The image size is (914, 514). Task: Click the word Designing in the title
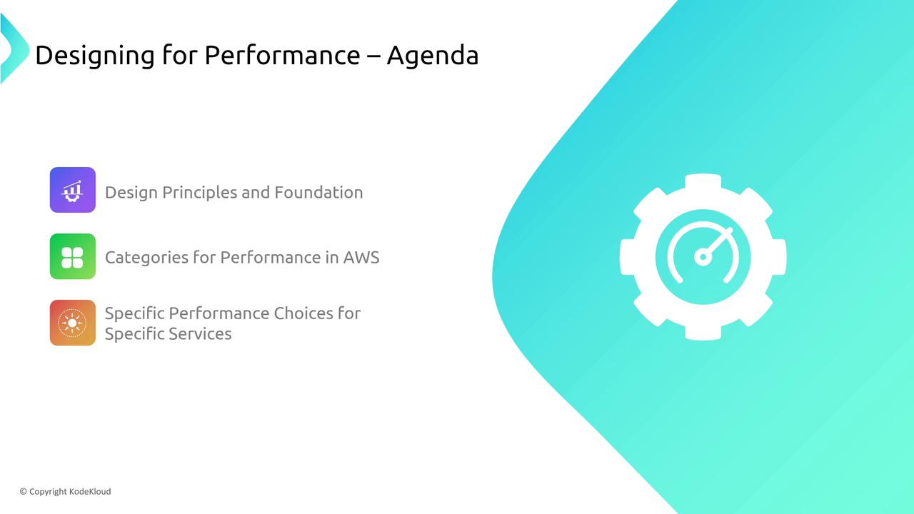[95, 56]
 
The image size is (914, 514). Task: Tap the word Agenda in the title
[433, 56]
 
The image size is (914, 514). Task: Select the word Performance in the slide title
[282, 55]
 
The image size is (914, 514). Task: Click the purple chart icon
[73, 190]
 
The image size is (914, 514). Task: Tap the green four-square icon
[73, 256]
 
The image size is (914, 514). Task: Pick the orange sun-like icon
[73, 323]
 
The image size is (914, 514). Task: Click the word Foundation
[318, 192]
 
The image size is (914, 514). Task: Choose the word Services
[200, 333]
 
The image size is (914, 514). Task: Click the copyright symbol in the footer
[24, 492]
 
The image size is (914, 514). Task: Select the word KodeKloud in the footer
[90, 492]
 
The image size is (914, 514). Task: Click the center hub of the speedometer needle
[703, 257]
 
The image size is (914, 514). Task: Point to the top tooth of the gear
[703, 182]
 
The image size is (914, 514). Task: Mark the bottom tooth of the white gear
[703, 332]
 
